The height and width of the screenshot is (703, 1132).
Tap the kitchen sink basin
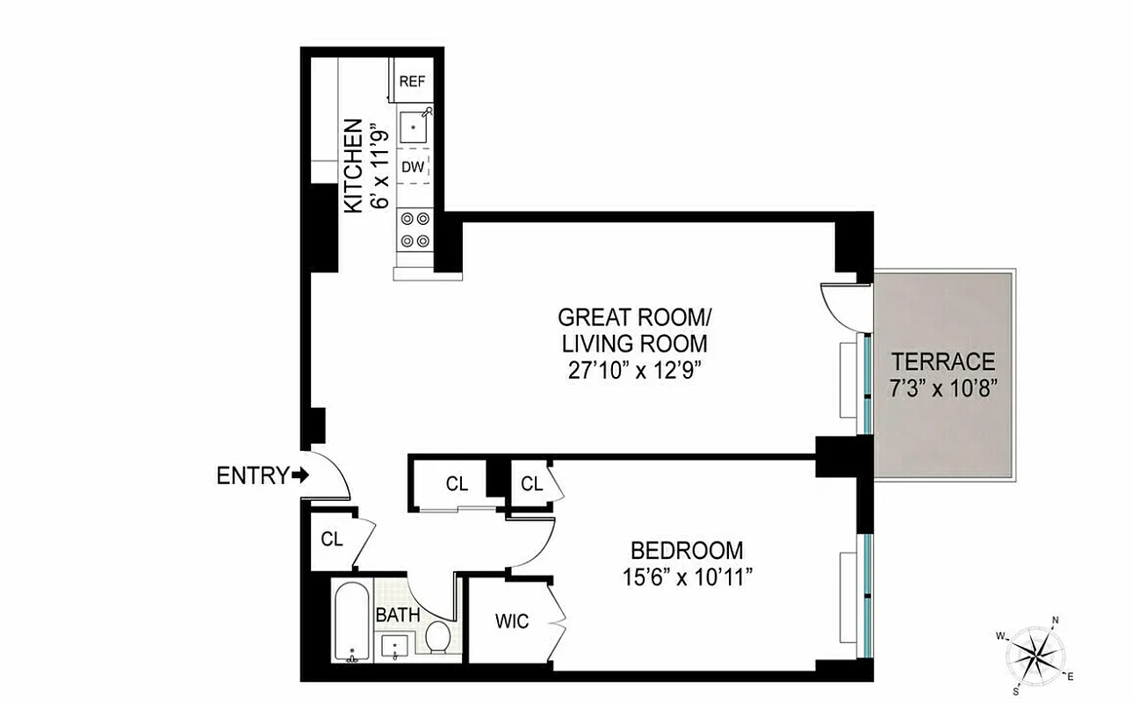tap(413, 129)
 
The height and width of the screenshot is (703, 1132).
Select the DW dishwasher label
tap(412, 167)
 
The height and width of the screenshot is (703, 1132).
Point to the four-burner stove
tap(415, 229)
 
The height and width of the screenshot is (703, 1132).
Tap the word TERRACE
tap(943, 361)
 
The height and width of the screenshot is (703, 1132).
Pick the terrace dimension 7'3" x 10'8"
tap(943, 387)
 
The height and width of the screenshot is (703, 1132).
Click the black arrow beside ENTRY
tap(300, 476)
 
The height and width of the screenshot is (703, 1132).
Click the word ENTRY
tap(252, 477)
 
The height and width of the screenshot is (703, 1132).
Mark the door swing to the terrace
tap(840, 304)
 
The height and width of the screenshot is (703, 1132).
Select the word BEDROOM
tap(687, 551)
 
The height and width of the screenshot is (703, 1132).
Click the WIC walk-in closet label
tap(511, 622)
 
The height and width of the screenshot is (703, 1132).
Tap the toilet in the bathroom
tap(437, 635)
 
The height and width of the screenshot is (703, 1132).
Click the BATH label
tap(398, 615)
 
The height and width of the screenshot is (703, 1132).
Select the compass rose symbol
tap(1036, 654)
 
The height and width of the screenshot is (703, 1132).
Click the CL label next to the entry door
tap(331, 540)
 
